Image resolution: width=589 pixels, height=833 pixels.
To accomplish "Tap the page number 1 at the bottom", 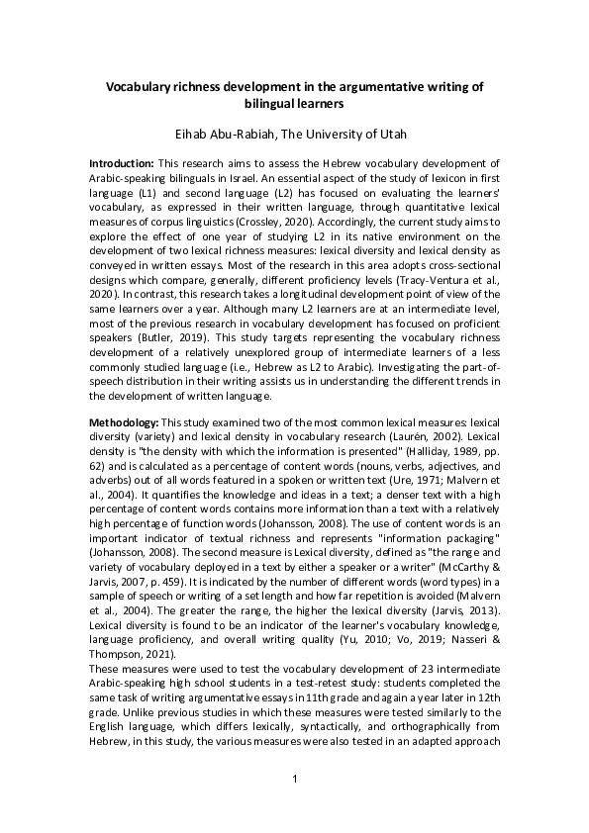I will pyautogui.click(x=294, y=781).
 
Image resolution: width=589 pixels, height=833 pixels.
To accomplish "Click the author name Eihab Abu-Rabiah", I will pyautogui.click(x=243, y=131).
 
